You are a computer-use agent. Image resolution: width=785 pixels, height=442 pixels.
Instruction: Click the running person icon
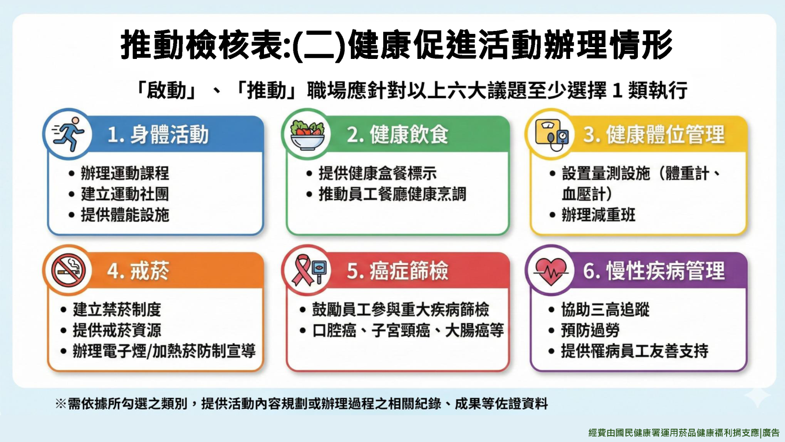pos(68,134)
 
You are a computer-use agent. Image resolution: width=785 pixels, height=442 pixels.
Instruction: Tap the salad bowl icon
pos(307,135)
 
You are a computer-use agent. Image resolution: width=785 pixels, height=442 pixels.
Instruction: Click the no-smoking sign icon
pos(68,271)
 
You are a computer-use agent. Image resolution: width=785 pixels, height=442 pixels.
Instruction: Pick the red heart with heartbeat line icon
pos(551,271)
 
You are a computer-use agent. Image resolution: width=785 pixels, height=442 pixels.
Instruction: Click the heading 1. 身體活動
pos(157,135)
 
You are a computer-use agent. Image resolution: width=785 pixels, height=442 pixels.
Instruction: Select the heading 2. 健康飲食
pos(397,135)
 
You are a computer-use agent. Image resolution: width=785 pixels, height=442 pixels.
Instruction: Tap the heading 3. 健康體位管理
pos(654,135)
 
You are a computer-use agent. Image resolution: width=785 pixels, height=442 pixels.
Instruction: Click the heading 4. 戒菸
pos(138,271)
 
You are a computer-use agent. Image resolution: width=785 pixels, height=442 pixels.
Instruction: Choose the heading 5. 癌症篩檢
pos(397,271)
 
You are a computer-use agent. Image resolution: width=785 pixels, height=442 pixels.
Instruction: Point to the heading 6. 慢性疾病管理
pos(654,271)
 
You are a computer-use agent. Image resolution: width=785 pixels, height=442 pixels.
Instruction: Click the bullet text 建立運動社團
pos(125,194)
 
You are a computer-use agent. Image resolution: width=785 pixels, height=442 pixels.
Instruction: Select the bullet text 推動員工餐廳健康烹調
pos(392,194)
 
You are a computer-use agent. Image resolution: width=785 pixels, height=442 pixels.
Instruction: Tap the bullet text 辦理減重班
pos(598,215)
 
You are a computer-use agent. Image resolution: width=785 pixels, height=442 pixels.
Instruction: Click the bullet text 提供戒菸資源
pos(117,330)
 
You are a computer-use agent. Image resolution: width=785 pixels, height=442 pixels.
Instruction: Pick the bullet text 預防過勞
pos(590,330)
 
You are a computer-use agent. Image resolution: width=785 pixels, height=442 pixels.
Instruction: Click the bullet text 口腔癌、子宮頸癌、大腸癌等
pos(408,330)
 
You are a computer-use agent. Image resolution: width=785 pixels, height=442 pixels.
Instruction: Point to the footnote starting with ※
pos(301,404)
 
